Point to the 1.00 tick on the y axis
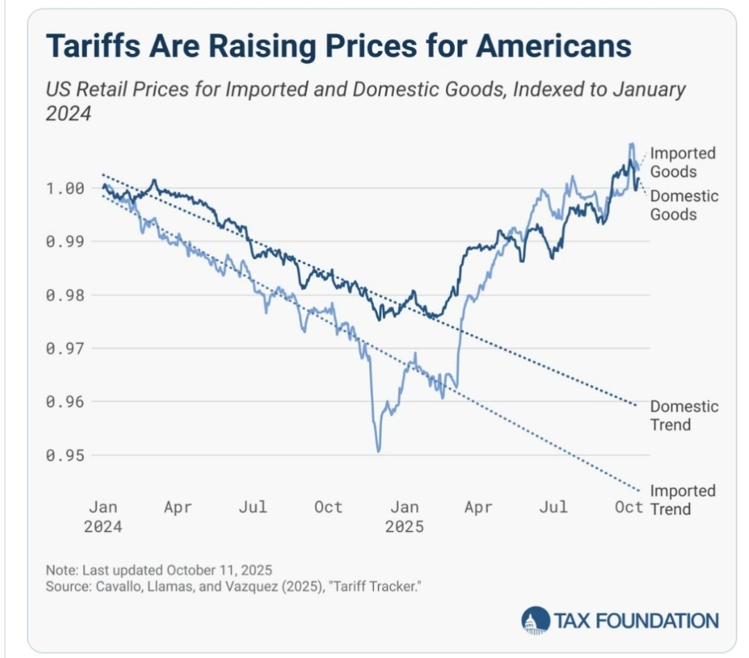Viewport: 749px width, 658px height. [65, 188]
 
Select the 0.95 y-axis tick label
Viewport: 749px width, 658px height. [65, 456]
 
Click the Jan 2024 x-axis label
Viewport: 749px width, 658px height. [103, 517]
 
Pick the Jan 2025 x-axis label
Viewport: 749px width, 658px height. [405, 517]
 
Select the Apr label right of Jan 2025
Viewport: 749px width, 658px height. [479, 508]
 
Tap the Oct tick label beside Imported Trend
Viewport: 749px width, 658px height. [629, 508]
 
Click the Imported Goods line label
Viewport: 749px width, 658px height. [682, 162]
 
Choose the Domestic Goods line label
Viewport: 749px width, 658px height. [684, 205]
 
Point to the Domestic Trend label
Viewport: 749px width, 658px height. [684, 415]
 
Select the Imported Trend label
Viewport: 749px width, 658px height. [682, 500]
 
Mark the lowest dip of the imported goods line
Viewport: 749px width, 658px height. [378, 452]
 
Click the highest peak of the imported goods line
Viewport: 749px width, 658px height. [631, 145]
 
